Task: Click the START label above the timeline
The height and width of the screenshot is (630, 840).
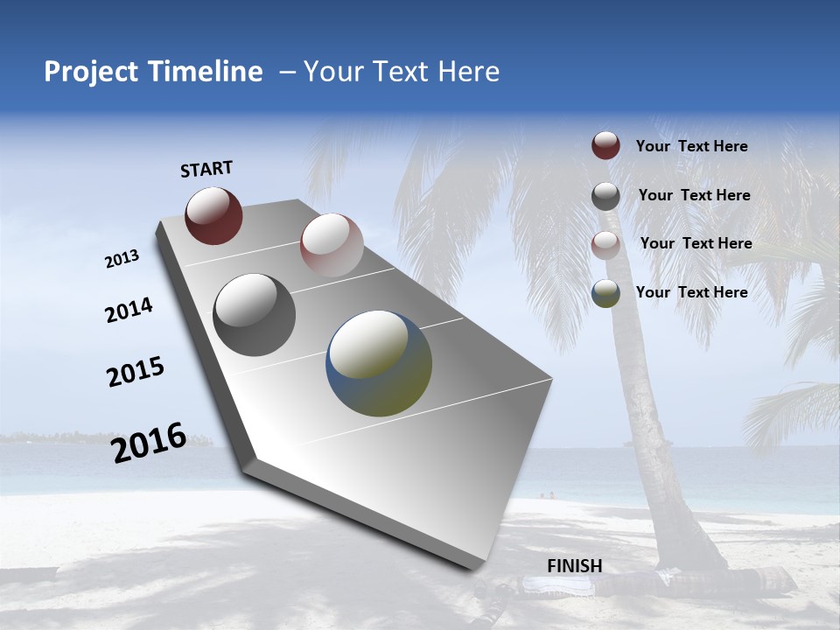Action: (x=206, y=169)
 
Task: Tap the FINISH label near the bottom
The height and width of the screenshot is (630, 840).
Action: (x=575, y=566)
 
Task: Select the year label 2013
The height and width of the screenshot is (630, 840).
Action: (x=122, y=259)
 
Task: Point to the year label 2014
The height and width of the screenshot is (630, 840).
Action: (x=129, y=311)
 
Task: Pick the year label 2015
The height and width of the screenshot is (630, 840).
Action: (x=136, y=372)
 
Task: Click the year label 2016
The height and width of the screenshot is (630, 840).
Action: (x=149, y=443)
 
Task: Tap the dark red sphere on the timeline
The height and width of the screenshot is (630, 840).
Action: (x=213, y=215)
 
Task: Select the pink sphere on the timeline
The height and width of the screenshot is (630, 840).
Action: (x=332, y=245)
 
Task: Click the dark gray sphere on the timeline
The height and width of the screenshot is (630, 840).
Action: (x=255, y=314)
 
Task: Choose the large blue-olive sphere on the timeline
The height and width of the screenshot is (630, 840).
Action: (x=379, y=363)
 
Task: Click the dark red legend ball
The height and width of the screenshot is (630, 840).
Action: (x=605, y=145)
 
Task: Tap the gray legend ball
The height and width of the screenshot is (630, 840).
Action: (x=605, y=196)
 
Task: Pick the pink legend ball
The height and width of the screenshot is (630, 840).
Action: (x=605, y=244)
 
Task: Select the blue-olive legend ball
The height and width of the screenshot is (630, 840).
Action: (x=605, y=293)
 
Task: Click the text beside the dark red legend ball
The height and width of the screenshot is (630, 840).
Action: (x=691, y=146)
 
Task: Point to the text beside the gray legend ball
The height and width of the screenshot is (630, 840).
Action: (x=694, y=195)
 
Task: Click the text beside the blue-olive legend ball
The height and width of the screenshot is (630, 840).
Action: (x=691, y=292)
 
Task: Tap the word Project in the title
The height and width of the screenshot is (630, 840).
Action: (x=86, y=72)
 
